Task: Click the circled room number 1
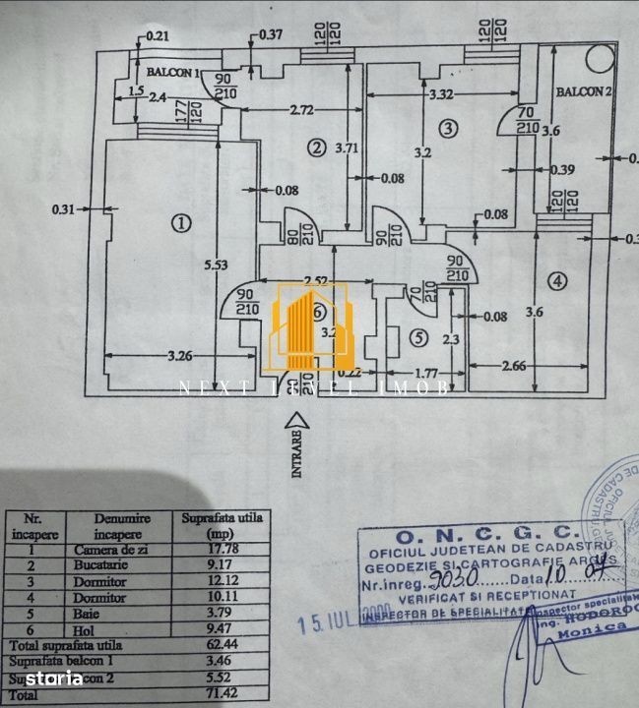click(180, 223)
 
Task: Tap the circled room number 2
click(315, 148)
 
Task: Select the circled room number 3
click(448, 128)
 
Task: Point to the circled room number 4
click(558, 282)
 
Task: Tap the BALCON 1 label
click(173, 73)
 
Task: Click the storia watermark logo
click(47, 678)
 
